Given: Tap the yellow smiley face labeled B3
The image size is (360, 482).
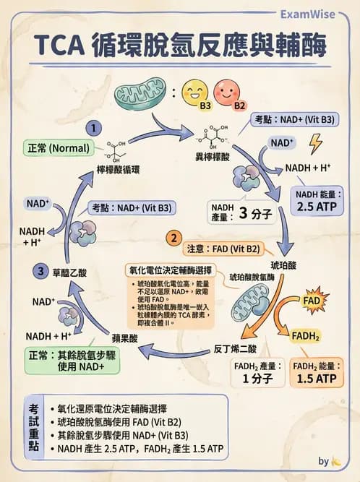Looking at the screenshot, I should pos(194,92).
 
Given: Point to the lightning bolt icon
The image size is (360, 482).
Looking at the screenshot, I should pos(315,145).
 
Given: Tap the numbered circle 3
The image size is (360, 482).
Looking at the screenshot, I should pos(41,272).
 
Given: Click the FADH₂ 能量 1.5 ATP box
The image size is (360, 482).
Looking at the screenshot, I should pos(316,373).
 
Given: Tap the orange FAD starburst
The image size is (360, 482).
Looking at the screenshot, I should pos(312,298).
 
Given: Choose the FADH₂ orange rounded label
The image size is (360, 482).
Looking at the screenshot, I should pos(305,335).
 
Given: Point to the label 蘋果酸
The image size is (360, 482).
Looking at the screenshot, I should pos(124,337).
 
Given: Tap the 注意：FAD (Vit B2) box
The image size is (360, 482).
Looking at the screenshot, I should pos(222,249).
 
